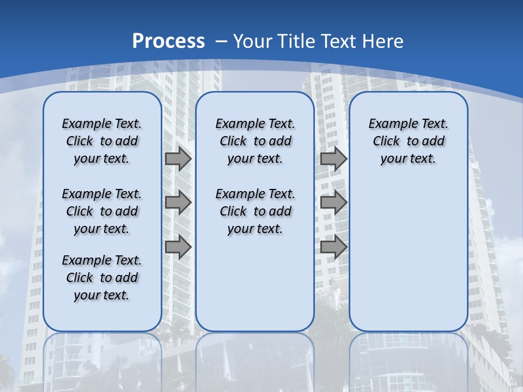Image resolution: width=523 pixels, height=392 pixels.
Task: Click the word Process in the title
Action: (x=168, y=41)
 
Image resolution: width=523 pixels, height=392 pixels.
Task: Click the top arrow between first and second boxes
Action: (x=178, y=158)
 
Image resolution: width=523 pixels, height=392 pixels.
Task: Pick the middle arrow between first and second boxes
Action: (x=178, y=203)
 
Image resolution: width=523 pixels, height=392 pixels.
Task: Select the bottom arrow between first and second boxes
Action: (x=178, y=247)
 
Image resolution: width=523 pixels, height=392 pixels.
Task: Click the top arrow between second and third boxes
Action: (x=333, y=158)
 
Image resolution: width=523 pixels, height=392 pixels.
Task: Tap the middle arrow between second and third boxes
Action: (x=333, y=203)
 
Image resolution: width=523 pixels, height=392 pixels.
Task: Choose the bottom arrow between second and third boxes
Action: (x=333, y=247)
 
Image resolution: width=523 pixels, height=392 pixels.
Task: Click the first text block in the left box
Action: (x=102, y=141)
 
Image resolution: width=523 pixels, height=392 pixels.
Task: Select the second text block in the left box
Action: (x=102, y=211)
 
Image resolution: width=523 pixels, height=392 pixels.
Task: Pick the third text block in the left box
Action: (x=102, y=278)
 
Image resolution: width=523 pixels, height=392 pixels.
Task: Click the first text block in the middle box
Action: (x=255, y=141)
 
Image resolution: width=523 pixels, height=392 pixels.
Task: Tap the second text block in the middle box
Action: (x=255, y=211)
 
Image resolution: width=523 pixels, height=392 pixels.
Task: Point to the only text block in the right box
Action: (x=408, y=141)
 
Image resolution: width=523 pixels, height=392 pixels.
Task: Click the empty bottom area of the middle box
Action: (x=255, y=289)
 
